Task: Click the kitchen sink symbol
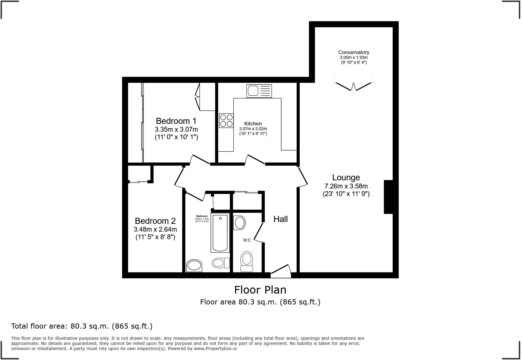pos(259,91)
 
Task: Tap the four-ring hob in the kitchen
pos(226,121)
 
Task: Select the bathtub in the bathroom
pos(220,233)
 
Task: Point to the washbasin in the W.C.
pos(240,223)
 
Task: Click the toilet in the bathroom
pos(221,263)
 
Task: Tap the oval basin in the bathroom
pos(194,266)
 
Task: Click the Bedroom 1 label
pos(176,121)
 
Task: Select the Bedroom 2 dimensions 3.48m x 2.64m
pos(155,230)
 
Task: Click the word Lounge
pos(346,178)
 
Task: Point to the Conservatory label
pos(353,53)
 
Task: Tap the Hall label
pos(280,219)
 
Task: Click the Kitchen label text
pos(253,124)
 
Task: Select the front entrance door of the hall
pos(281,271)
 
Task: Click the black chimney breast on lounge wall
pos(388,197)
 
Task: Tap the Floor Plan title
pos(260,290)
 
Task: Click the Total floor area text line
pos(82,326)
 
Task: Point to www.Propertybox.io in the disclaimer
pos(215,349)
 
